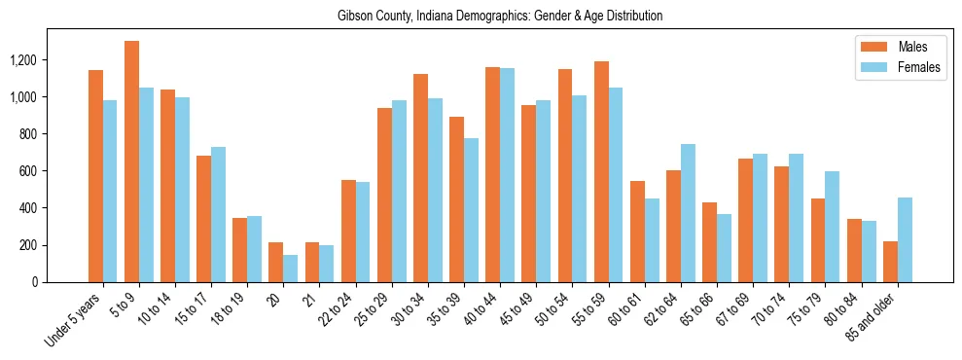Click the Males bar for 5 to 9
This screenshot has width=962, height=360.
[131, 162]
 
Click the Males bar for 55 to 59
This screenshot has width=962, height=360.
[601, 171]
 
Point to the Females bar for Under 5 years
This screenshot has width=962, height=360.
[110, 191]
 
